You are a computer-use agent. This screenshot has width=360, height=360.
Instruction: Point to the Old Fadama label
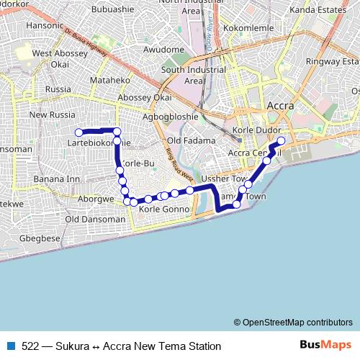click(x=191, y=140)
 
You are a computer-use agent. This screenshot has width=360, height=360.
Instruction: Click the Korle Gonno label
click(x=163, y=209)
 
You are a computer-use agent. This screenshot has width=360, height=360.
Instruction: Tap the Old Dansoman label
click(x=95, y=219)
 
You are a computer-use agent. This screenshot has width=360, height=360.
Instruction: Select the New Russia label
click(x=52, y=115)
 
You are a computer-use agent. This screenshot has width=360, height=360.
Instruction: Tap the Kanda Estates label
click(x=318, y=10)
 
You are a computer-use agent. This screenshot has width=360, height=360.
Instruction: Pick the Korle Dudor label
click(x=256, y=130)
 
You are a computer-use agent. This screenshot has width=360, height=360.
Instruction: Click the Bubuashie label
click(x=108, y=9)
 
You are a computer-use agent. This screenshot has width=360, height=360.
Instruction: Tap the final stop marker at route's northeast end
click(x=281, y=141)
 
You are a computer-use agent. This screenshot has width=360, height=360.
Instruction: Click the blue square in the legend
click(x=12, y=346)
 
